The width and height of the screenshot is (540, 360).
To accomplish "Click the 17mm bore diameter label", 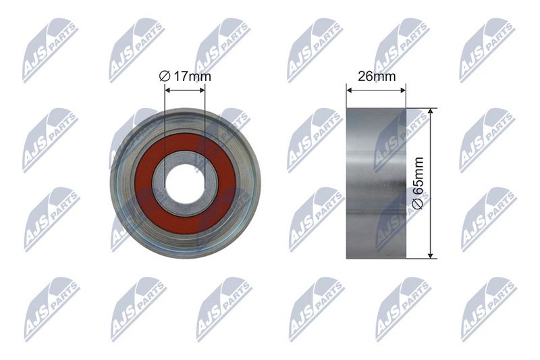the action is pyautogui.click(x=185, y=76).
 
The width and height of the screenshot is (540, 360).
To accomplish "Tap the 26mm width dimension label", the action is pyautogui.click(x=377, y=76).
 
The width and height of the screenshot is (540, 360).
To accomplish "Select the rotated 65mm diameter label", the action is pyautogui.click(x=418, y=183).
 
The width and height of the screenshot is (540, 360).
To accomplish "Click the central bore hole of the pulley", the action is pyautogui.click(x=185, y=184).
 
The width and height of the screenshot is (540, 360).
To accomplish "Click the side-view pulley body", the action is pyautogui.click(x=376, y=183).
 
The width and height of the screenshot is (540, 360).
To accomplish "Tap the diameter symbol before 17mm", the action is pyautogui.click(x=165, y=76).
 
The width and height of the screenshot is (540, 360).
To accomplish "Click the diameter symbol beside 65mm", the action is pyautogui.click(x=418, y=204).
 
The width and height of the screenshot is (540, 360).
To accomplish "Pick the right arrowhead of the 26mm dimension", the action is pyautogui.click(x=403, y=91).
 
